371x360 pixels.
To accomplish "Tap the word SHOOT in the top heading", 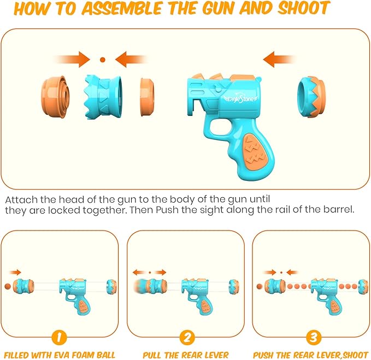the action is (x=304, y=8).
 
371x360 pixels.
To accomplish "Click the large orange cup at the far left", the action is (x=55, y=97).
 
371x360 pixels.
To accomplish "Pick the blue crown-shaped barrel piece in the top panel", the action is (x=103, y=97).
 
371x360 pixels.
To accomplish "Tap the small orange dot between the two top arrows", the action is (x=103, y=60).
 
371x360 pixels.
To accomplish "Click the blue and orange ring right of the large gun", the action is (x=311, y=97).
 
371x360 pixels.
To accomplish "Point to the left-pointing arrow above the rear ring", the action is (x=279, y=60).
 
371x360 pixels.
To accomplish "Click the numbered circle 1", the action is (x=59, y=337).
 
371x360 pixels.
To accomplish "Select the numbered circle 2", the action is (x=187, y=337).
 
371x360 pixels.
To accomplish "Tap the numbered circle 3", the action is (x=313, y=337).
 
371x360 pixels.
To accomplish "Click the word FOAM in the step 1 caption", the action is (x=83, y=355).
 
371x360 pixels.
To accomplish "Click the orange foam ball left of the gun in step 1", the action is (x=8, y=286).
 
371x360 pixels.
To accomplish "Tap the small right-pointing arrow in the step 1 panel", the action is (x=15, y=273).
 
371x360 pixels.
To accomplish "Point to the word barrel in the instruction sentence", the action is (x=339, y=209).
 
